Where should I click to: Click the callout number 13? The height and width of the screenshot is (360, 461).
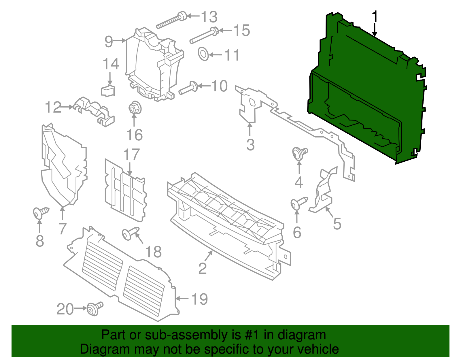pos(209,17)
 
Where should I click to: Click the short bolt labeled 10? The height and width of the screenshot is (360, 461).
pos(188,88)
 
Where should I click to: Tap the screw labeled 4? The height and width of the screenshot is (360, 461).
pos(299,153)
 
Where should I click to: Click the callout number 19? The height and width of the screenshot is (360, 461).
pos(199,299)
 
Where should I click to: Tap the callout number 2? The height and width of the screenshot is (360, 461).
pos(203,268)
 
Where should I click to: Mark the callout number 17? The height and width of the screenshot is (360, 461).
pos(131,155)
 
